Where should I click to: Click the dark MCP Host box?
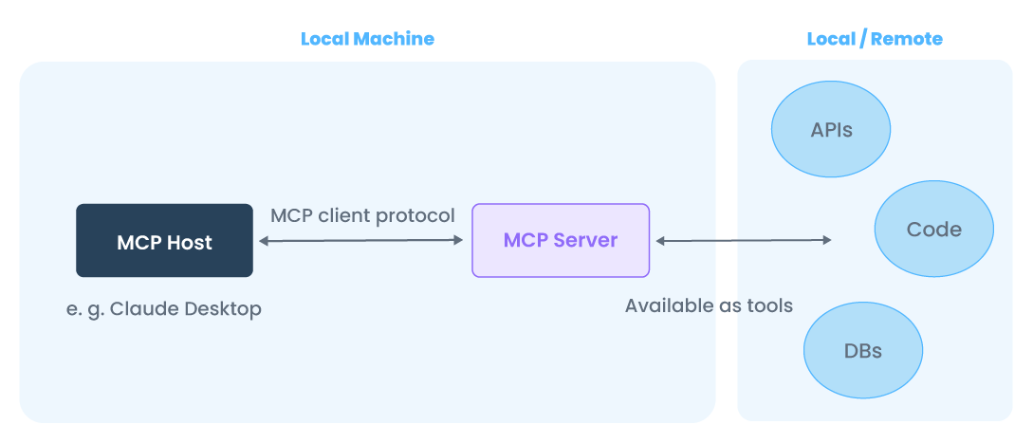[164, 241]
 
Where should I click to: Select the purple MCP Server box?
[561, 241]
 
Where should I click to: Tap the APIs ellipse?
[831, 130]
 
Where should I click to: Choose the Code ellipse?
[933, 230]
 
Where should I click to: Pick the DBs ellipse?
[862, 351]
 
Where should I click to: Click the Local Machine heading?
[367, 39]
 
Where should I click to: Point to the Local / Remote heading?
[875, 39]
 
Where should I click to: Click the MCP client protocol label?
[362, 215]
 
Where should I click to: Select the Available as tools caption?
[709, 305]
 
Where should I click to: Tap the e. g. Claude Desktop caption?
[164, 309]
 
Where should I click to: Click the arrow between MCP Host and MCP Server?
[361, 241]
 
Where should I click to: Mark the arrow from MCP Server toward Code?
[744, 241]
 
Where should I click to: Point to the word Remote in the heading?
[907, 39]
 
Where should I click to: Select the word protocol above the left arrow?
[415, 215]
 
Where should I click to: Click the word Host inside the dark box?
[191, 242]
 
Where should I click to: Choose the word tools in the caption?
[769, 305]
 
